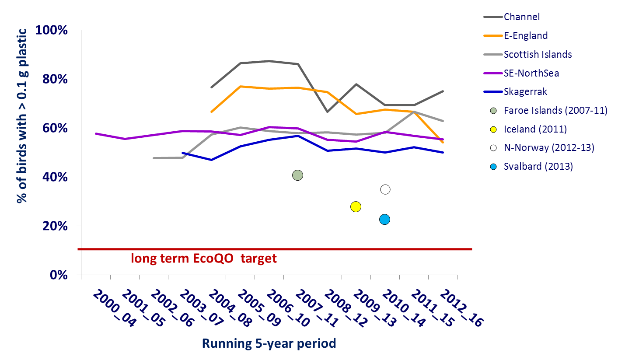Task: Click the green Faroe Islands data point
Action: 297,175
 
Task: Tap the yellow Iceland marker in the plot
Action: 356,206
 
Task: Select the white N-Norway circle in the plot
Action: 385,189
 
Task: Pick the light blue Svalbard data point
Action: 384,219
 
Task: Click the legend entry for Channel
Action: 522,17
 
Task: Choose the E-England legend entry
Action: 526,36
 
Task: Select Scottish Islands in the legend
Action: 538,55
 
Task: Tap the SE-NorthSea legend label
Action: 531,73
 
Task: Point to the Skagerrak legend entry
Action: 525,92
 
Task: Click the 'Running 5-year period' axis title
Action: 269,343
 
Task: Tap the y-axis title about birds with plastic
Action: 22,116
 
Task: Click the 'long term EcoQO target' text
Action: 204,259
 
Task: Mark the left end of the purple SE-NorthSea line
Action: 96,133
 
